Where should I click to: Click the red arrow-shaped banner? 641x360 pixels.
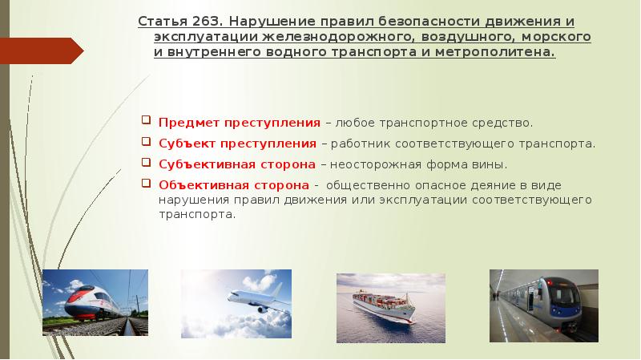[42, 51]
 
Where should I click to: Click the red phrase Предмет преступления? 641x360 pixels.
[240, 123]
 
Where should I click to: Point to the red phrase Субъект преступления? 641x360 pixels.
[237, 144]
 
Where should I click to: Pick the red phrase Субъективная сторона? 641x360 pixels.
[237, 164]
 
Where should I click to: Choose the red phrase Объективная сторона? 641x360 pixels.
[234, 185]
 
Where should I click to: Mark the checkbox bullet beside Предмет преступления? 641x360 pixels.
[146, 119]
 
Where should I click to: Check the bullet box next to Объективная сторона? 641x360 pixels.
[146, 183]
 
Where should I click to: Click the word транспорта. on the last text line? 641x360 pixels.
[197, 215]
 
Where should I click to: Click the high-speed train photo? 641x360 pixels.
[95, 303]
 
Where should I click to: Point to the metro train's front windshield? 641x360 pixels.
[564, 295]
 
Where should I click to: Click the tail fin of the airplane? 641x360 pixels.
[276, 291]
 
